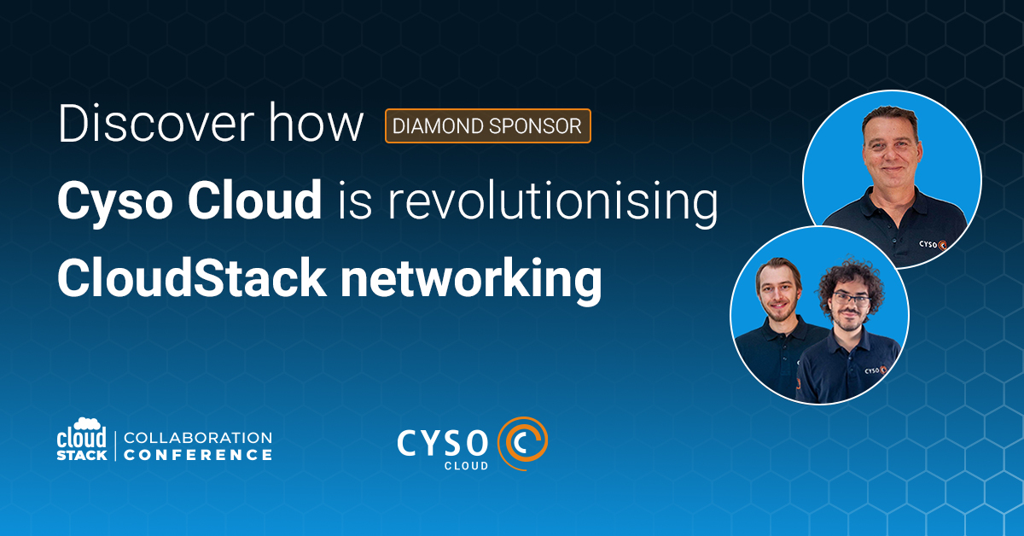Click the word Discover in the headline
coord(156,124)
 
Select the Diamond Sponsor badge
coord(488,125)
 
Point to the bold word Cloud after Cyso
coord(254,200)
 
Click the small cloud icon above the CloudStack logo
coord(87,423)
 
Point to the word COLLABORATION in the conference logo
coord(198,438)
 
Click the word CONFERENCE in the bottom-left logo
coord(198,455)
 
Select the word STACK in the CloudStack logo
coord(82,456)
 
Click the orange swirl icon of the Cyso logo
coord(522,443)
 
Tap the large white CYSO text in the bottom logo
coord(443,443)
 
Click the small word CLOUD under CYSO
coord(466,465)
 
